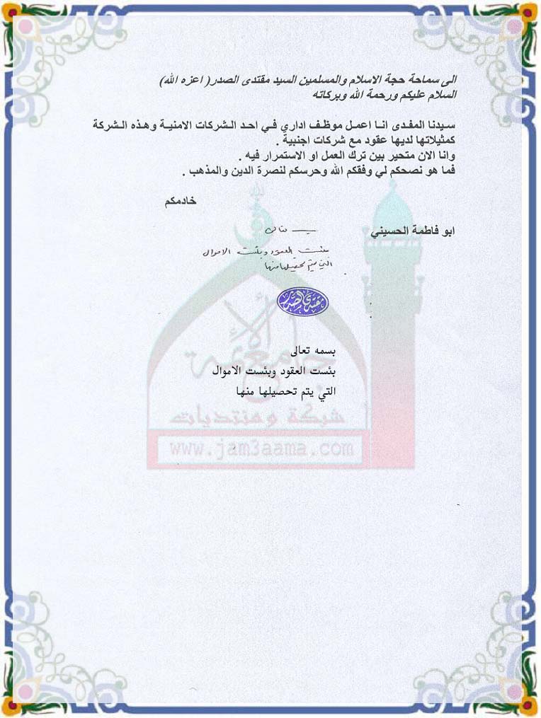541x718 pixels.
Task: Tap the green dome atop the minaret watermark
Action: pyautogui.click(x=392, y=209)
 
